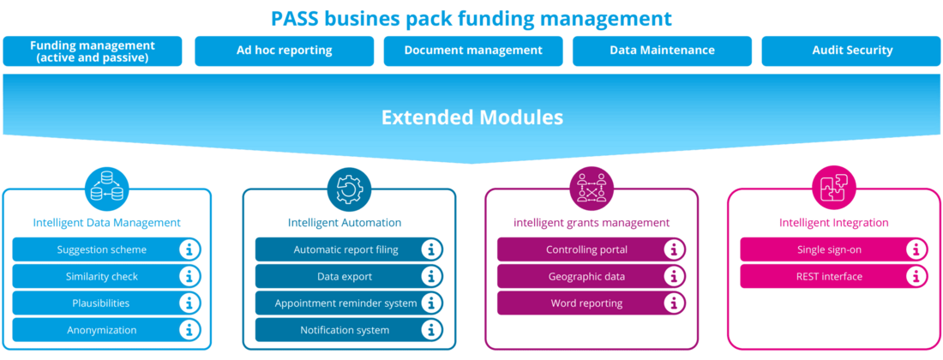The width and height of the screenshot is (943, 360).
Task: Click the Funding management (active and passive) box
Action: click(x=93, y=51)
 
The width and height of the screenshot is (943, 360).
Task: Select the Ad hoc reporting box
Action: click(x=284, y=51)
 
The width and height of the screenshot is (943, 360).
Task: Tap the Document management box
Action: click(x=473, y=51)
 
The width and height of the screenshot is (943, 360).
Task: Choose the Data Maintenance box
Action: click(x=662, y=51)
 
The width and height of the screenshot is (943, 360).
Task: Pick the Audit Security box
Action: click(x=852, y=51)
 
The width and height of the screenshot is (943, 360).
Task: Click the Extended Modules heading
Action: click(x=471, y=117)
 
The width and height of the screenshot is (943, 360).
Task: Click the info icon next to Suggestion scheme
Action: click(x=189, y=249)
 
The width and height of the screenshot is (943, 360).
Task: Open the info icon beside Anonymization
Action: click(x=189, y=329)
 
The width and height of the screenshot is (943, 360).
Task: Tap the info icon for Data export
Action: click(x=431, y=277)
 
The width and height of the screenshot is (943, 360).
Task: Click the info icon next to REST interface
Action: click(x=916, y=276)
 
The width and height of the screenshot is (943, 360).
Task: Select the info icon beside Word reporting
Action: click(x=674, y=303)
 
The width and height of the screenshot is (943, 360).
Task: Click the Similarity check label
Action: click(x=102, y=277)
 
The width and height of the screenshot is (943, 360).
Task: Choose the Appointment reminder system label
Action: click(x=345, y=303)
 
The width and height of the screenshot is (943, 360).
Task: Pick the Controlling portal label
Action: click(x=586, y=250)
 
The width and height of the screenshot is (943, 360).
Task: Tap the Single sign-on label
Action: click(x=828, y=250)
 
